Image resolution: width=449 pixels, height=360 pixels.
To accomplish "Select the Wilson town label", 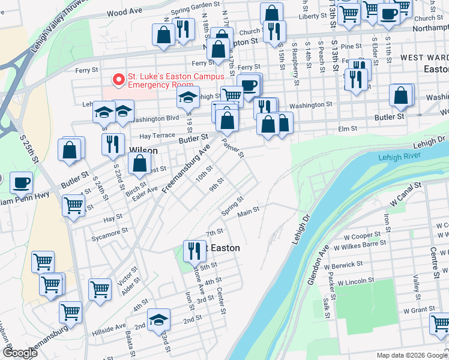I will pyautogui.click(x=143, y=151).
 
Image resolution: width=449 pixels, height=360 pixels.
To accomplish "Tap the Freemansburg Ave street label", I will pyautogui.click(x=187, y=163).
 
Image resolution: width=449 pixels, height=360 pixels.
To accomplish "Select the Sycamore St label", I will pyautogui.click(x=108, y=231).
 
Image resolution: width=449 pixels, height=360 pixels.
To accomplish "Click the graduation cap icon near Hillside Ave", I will pyautogui.click(x=158, y=319).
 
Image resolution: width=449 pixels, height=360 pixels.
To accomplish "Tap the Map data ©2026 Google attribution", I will pyautogui.click(x=411, y=355).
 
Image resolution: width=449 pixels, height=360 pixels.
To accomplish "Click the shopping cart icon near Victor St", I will pyautogui.click(x=100, y=289).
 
